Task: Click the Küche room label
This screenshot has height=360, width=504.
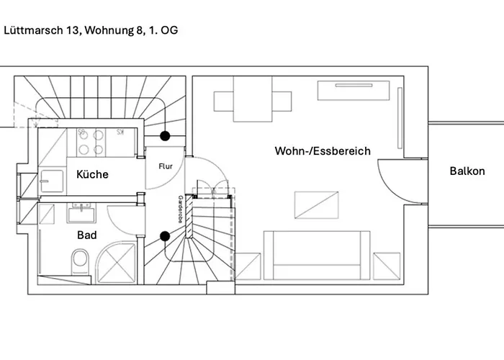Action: click(92, 174)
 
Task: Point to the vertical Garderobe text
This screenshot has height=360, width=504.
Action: click(180, 210)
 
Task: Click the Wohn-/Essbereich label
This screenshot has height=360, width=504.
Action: click(322, 151)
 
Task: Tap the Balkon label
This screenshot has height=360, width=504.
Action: click(467, 171)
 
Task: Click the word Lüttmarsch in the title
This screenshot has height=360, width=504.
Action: click(30, 30)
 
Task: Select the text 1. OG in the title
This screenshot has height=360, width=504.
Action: click(163, 30)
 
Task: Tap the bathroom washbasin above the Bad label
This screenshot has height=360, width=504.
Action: click(80, 214)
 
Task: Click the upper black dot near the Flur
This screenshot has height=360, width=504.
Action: click(165, 135)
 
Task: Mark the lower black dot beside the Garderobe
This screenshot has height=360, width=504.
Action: click(165, 235)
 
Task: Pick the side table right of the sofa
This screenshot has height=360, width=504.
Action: click(387, 265)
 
